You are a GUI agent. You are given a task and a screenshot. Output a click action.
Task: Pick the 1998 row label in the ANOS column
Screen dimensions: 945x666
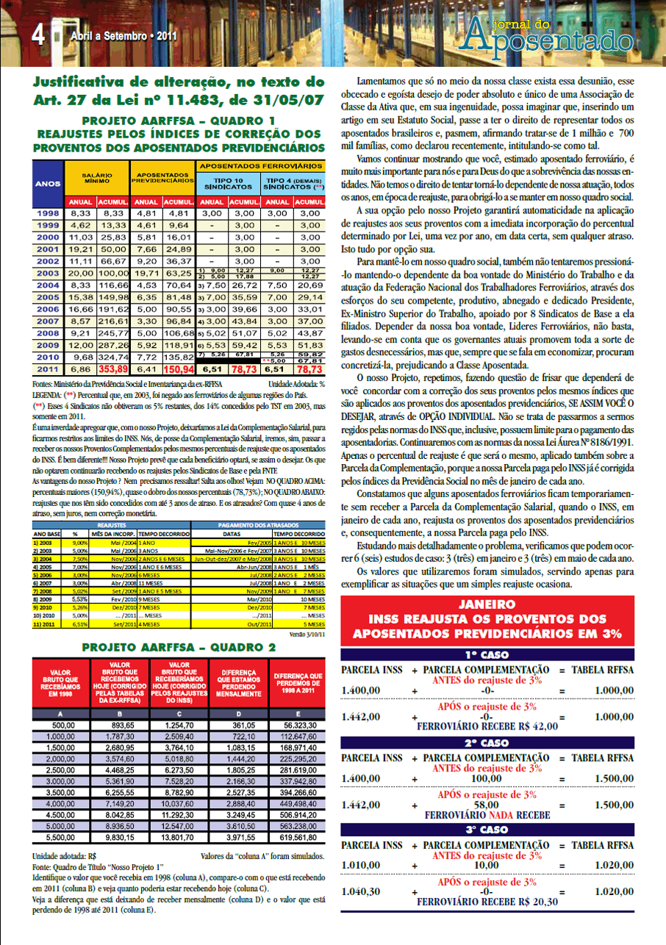coord(49,213)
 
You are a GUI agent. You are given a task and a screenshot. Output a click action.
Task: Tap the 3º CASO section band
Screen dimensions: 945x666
coord(487,830)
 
